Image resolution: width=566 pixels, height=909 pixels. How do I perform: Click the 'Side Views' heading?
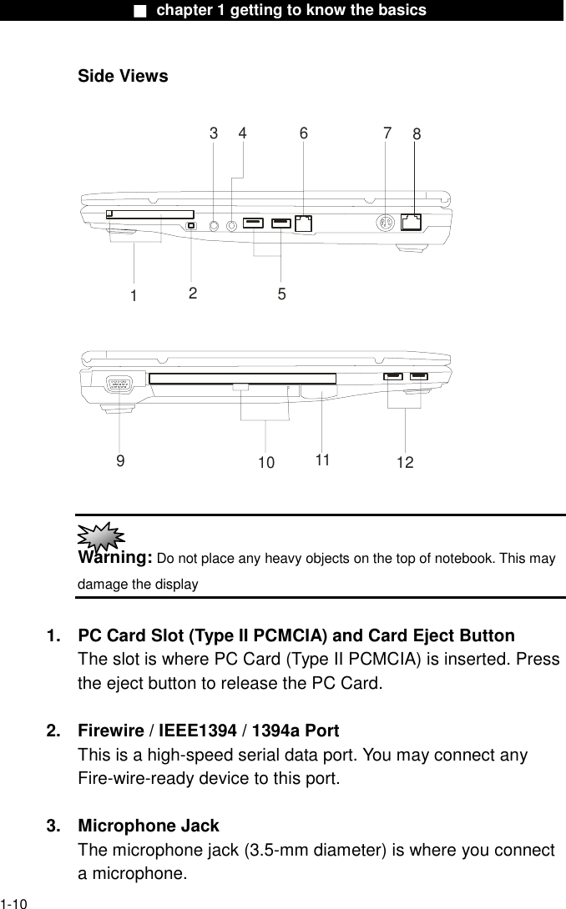[x=123, y=77]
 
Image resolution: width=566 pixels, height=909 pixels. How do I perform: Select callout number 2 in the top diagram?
[x=193, y=293]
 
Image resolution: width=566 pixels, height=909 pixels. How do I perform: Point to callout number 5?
[x=281, y=294]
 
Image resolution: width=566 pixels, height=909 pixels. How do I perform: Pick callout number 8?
[x=417, y=134]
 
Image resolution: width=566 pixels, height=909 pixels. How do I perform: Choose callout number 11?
[x=323, y=460]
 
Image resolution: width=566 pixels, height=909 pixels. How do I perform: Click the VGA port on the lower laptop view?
[x=120, y=384]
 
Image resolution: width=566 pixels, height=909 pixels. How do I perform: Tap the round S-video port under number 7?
[x=385, y=223]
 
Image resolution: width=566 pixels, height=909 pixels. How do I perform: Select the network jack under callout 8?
[x=411, y=222]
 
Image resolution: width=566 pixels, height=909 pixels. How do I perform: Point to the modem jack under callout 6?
[x=304, y=223]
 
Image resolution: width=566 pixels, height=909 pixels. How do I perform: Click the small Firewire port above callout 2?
[x=192, y=225]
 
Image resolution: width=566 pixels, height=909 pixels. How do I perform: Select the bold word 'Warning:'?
[x=114, y=557]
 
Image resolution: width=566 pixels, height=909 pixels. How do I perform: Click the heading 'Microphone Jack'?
[x=149, y=826]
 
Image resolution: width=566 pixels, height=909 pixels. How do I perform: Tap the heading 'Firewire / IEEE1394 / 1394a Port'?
[x=208, y=731]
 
